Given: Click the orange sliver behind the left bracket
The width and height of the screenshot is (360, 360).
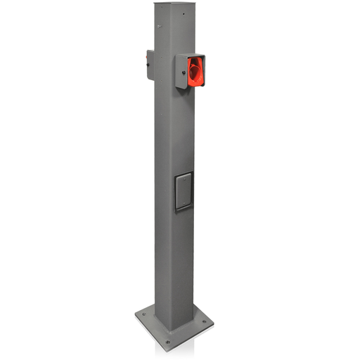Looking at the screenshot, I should coord(146,53).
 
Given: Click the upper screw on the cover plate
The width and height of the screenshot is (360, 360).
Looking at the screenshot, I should coord(184,177).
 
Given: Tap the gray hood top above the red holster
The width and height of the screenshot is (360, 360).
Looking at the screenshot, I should coord(188,54).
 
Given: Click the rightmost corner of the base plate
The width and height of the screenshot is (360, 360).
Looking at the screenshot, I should coord(214,324).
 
